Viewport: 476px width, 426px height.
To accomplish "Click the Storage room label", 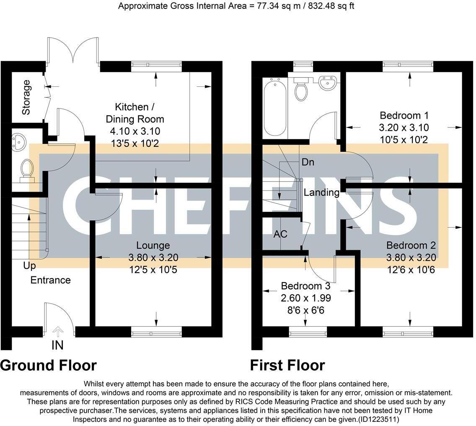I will pos(26,97).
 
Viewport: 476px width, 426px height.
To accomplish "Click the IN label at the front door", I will pos(57,345).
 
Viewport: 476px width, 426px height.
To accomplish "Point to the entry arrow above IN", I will pos(57,332).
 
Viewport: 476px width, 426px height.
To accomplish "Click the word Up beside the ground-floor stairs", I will pos(29,266).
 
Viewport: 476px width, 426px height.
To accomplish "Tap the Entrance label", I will pos(50,280).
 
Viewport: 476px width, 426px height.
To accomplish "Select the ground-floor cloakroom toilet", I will pos(27,169).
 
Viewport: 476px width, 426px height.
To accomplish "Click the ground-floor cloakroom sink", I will pos(18,142).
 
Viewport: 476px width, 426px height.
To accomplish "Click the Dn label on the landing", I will pos(308,162).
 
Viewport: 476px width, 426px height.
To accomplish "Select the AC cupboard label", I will pos(280,234).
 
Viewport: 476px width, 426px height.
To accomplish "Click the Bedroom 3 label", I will pos(305,286).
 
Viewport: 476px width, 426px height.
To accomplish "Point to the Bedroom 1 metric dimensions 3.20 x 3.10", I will pos(404,127).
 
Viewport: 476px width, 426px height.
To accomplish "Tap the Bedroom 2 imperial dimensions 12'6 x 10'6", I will pos(411,269).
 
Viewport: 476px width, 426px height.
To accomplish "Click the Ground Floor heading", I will pos(49,365).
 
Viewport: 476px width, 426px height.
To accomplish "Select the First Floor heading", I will pos(287,365).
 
